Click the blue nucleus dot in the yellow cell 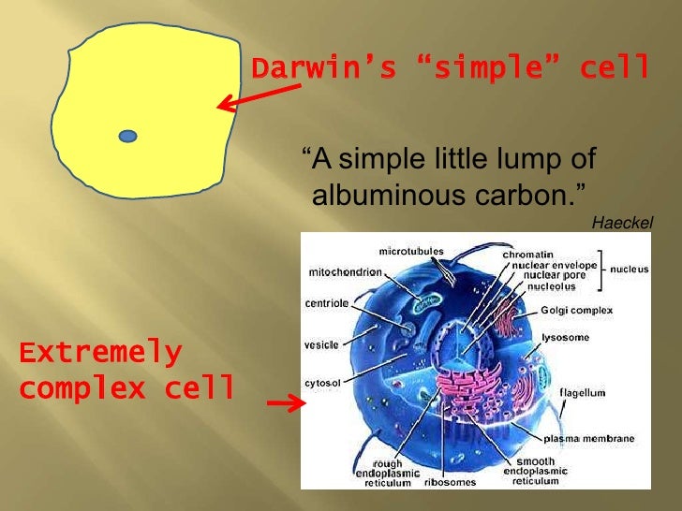click(128, 137)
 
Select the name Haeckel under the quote click(623, 222)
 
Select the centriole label click(327, 303)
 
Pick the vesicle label click(321, 344)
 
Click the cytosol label click(322, 383)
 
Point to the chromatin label click(528, 254)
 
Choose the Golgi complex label click(576, 310)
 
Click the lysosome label click(565, 337)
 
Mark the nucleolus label click(544, 286)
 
